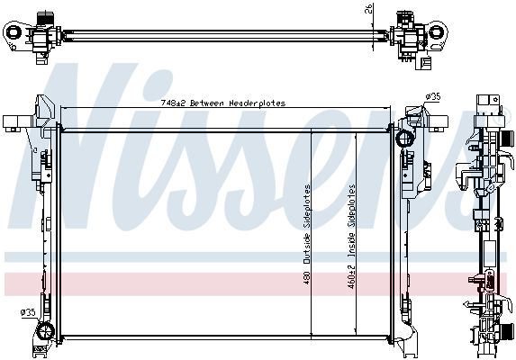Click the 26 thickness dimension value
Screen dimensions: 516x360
(368, 8)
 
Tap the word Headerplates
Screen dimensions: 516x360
(257, 103)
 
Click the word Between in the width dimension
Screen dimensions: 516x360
(207, 103)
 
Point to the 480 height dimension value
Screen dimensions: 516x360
(306, 277)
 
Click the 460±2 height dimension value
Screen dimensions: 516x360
(351, 277)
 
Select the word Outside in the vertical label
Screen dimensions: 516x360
(306, 248)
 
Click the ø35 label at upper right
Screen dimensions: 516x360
(432, 97)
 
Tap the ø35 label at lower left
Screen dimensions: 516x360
(28, 312)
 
